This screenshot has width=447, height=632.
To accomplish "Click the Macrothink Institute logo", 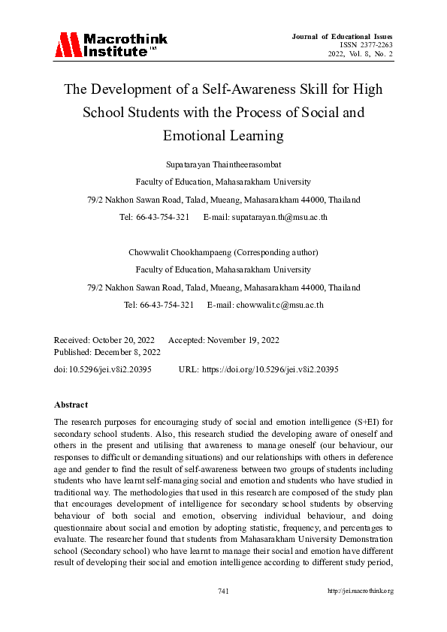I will [x=110, y=45].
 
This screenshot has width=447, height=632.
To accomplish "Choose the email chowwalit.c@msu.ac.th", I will [x=279, y=305].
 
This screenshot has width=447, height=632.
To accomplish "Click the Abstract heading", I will [x=71, y=405].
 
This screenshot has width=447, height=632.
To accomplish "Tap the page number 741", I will [x=223, y=591].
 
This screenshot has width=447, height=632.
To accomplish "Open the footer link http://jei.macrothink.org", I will [x=361, y=591].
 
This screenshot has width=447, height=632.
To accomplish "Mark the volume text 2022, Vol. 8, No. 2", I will [x=360, y=54].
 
